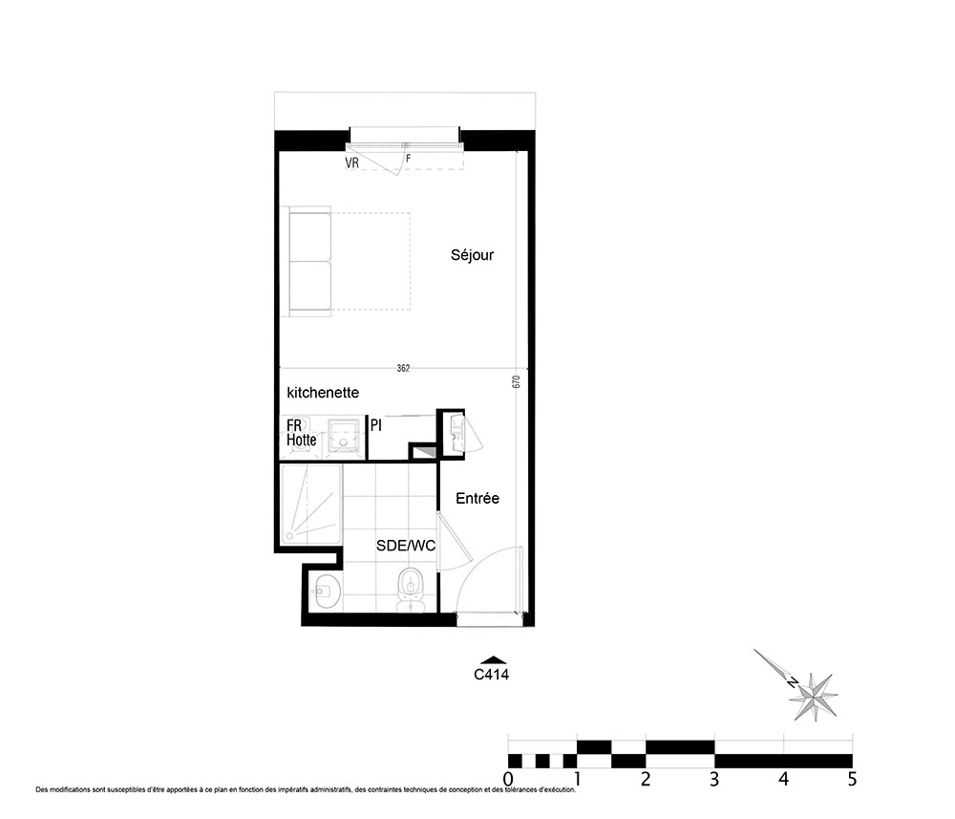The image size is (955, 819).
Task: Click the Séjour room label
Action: coord(472,255)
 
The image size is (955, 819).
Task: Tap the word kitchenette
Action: coord(323,393)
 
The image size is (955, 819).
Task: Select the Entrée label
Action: coord(477,499)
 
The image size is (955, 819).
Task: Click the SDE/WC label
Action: coord(406,546)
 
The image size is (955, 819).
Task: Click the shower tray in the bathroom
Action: coord(311,505)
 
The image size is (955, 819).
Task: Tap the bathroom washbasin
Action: coord(326,591)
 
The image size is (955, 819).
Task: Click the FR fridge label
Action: coord(294,424)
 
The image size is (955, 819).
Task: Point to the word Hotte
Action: coord(302,440)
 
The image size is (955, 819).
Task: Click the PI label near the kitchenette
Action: coord(376,425)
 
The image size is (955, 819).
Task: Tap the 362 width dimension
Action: coord(403,368)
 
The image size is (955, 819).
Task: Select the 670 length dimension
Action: coord(517,382)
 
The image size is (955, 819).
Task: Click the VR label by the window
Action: coord(352,163)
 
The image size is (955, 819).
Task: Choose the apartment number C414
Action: coord(492,675)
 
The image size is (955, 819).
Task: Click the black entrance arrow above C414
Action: coord(494,659)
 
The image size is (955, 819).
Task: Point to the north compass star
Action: coord(814,697)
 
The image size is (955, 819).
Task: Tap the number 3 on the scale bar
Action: coord(714,779)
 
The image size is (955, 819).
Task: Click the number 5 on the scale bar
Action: coord(852,779)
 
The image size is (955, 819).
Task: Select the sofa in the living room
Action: coord(309,262)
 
